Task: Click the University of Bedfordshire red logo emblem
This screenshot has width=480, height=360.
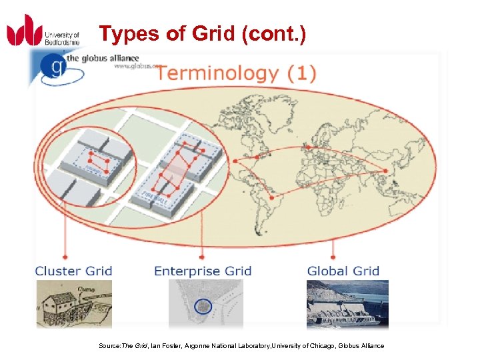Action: [25, 31]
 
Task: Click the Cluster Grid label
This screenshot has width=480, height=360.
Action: [73, 271]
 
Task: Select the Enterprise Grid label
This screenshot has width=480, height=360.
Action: [203, 271]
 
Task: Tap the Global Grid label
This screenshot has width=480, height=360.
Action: [343, 271]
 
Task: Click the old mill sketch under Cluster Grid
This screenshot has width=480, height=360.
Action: [73, 304]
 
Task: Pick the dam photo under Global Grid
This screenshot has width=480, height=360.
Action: [347, 304]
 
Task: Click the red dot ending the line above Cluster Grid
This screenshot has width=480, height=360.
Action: [65, 255]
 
